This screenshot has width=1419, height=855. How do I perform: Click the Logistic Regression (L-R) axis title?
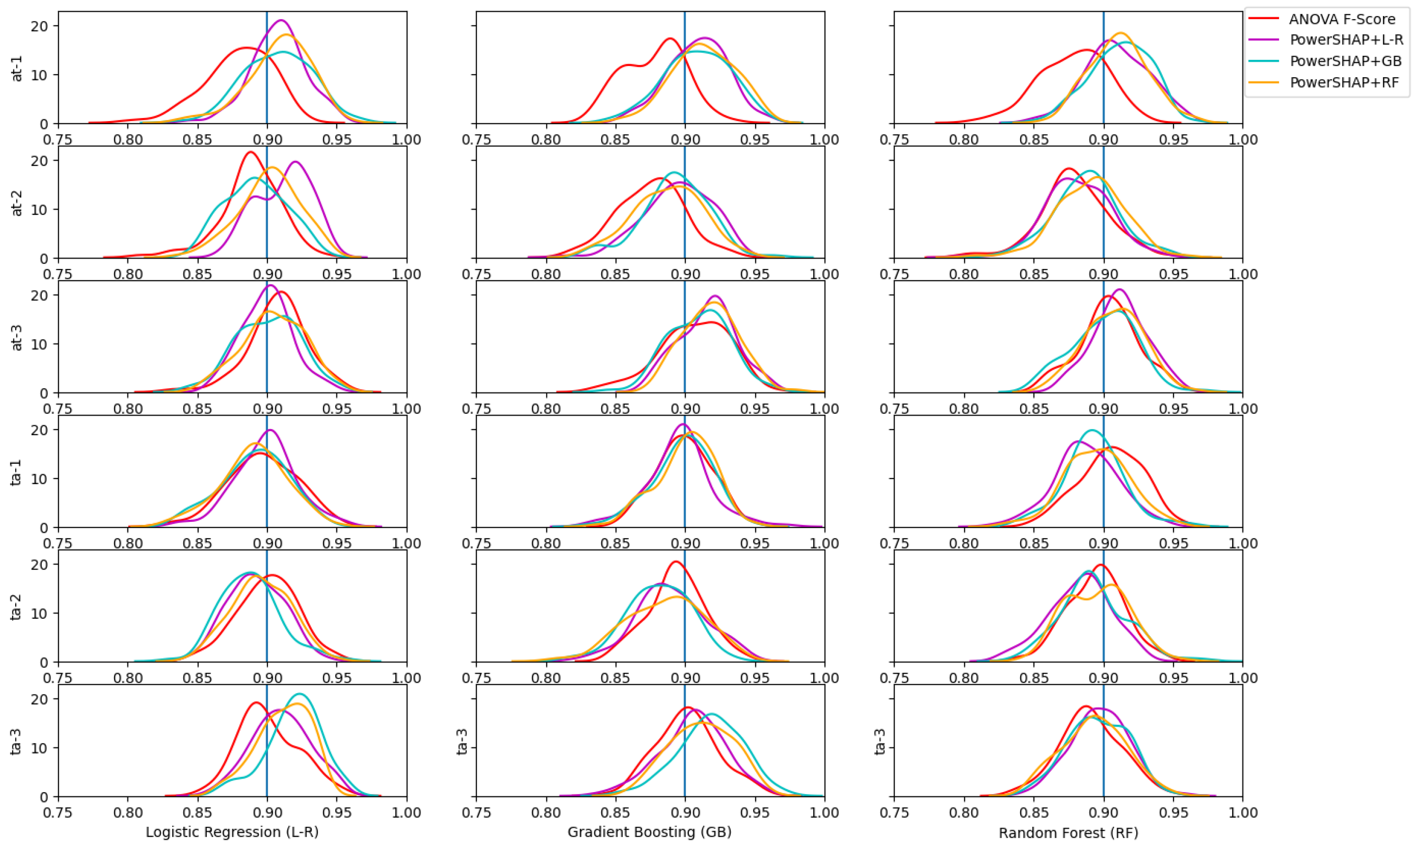tap(232, 832)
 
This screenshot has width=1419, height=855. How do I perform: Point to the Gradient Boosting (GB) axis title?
tap(649, 832)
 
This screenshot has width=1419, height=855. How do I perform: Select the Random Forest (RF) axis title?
tap(1068, 832)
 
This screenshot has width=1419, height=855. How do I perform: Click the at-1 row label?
tap(17, 68)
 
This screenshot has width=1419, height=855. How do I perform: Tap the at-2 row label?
tap(17, 202)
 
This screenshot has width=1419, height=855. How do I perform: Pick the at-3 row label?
tap(17, 337)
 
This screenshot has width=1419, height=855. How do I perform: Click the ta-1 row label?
tap(17, 472)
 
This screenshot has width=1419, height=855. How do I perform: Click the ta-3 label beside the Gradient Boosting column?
tap(462, 741)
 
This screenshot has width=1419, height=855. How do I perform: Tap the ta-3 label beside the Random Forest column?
tap(880, 741)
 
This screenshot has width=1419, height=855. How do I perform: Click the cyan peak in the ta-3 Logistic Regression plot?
tap(300, 694)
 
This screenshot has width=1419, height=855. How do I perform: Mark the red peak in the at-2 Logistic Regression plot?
tap(250, 152)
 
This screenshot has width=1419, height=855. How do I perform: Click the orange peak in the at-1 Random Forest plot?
tap(1120, 33)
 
